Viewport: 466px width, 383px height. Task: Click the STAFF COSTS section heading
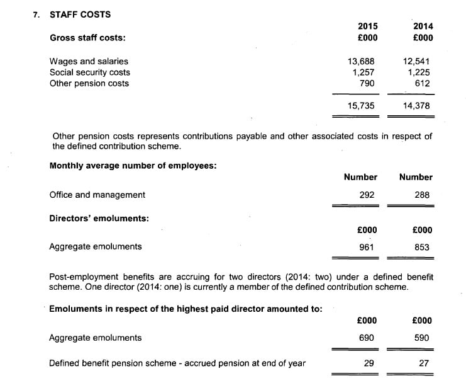80,14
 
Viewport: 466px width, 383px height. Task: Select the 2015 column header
367,26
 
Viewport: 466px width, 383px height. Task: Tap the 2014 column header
423,26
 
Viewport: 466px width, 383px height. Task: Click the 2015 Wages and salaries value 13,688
361,61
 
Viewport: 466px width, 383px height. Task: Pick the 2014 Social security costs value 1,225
418,72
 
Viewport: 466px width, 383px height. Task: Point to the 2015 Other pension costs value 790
367,83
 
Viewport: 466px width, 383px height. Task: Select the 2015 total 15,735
361,106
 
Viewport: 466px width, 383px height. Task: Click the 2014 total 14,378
416,106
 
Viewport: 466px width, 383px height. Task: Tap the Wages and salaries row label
89,61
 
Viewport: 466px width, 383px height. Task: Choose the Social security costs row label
89,72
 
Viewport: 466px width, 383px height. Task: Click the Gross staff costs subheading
87,38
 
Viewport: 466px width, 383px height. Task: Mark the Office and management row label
97,195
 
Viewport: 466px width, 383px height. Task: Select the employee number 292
367,195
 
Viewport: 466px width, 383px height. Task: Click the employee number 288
422,195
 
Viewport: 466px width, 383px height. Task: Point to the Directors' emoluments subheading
99,218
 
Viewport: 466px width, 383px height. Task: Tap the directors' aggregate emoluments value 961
367,247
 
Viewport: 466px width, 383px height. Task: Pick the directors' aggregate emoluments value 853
422,247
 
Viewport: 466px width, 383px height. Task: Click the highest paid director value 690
367,338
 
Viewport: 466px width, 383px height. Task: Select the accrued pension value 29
369,363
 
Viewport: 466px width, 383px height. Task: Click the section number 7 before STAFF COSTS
35,14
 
